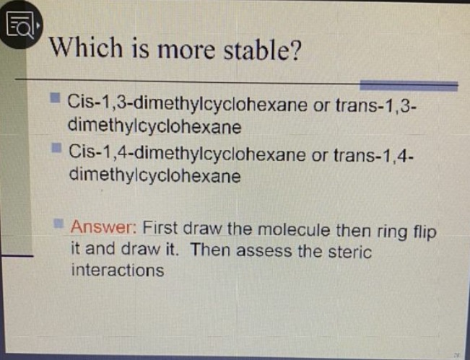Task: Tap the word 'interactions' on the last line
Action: [117, 271]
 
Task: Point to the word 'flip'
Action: [426, 231]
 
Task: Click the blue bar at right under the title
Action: [409, 86]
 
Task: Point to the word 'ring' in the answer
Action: [393, 231]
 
